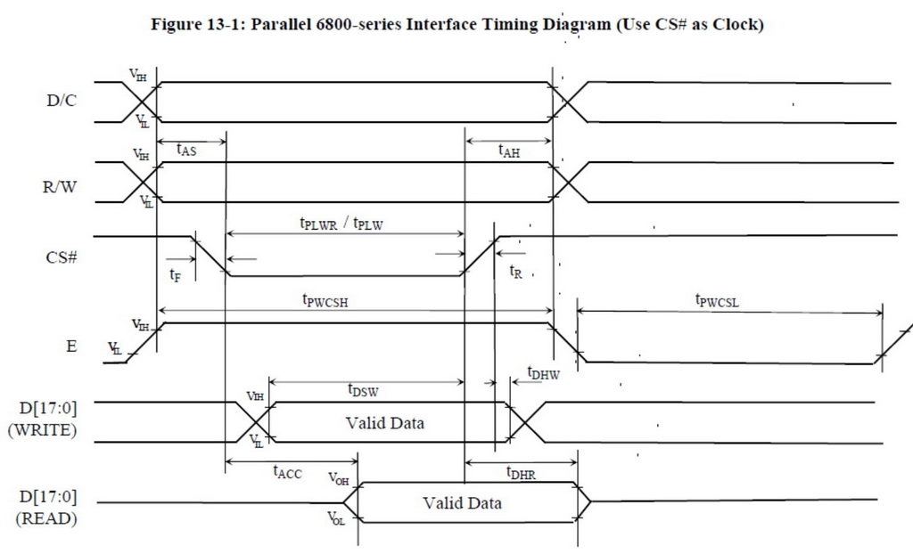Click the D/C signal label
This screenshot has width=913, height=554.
(62, 101)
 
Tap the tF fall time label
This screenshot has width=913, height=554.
(176, 276)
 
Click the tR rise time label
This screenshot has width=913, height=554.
(515, 273)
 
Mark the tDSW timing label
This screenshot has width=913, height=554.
(362, 389)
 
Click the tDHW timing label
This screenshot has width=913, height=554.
(543, 374)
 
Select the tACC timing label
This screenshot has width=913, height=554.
(287, 473)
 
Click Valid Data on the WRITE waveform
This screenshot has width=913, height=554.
(385, 423)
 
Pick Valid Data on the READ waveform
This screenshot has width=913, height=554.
(462, 503)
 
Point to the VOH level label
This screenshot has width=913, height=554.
(338, 479)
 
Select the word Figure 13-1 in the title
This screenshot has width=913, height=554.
(210, 25)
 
